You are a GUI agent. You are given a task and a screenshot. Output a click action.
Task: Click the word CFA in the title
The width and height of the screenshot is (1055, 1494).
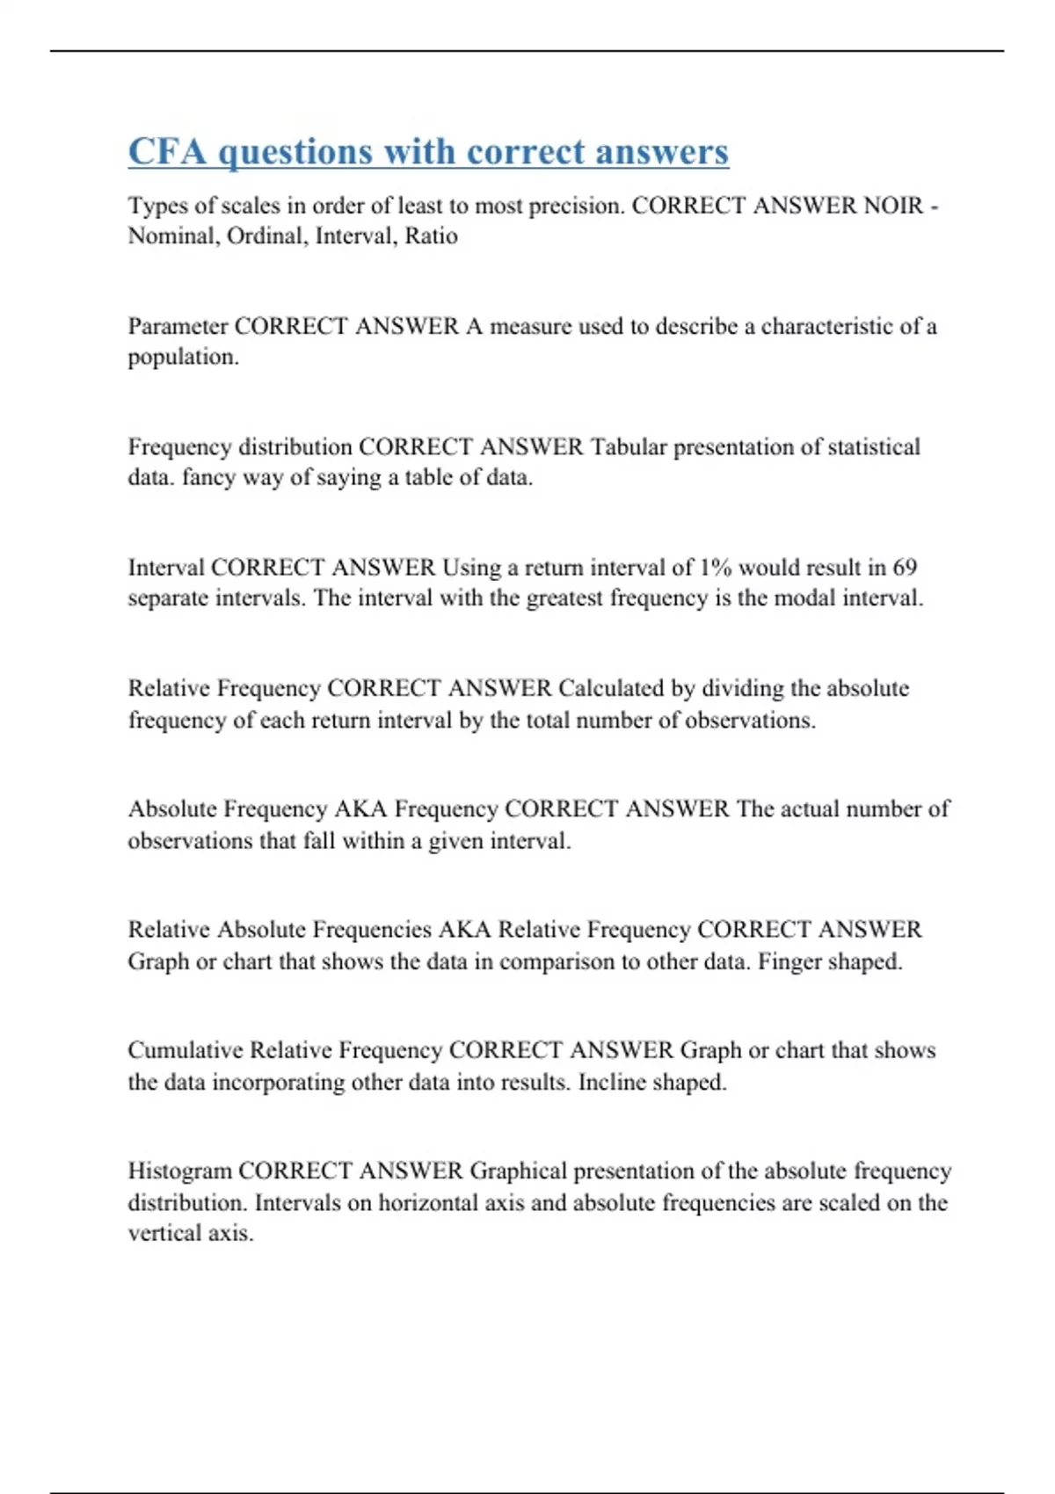coord(167,151)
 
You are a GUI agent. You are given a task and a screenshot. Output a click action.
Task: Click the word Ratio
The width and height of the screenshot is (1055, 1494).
coord(431,236)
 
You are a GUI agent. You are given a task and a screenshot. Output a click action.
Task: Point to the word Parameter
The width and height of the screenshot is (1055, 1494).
coord(178,327)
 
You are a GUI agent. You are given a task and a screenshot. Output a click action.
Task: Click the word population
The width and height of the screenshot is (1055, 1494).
coord(183,358)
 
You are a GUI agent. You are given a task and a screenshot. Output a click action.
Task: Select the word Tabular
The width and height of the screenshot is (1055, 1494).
coord(629,447)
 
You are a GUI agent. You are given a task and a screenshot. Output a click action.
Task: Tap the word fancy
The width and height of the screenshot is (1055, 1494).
coord(208,478)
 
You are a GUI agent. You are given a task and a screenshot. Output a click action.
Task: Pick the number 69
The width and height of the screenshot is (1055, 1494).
coord(905,568)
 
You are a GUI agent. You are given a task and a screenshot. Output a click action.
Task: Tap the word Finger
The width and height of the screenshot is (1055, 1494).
coord(789,961)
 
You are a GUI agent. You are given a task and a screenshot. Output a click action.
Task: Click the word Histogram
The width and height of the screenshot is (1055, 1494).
coord(179,1171)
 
